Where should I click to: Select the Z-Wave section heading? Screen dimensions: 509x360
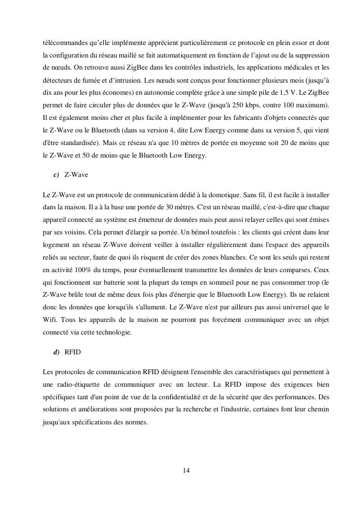(x=76, y=175)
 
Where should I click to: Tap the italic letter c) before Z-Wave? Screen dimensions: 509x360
(x=56, y=175)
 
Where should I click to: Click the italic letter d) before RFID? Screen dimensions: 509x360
(x=56, y=352)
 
